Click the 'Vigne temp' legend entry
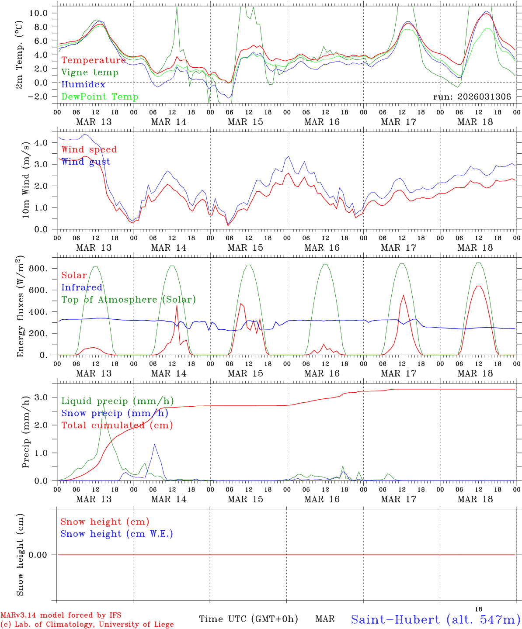(x=90, y=73)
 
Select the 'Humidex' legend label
(x=84, y=84)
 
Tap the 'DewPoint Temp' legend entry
(x=100, y=97)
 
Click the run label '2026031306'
(x=472, y=97)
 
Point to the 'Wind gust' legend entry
(x=86, y=162)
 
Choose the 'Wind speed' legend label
(x=89, y=149)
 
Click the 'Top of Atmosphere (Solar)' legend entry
(x=129, y=300)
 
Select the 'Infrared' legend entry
(x=82, y=287)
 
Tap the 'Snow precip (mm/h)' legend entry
(x=115, y=413)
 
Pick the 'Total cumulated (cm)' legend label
(x=117, y=425)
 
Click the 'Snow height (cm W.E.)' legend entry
(x=117, y=534)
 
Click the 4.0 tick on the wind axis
(x=42, y=142)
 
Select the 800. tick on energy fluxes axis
(x=38, y=268)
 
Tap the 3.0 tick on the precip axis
(x=42, y=397)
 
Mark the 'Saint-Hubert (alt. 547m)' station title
(x=435, y=619)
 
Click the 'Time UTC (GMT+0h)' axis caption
(x=248, y=619)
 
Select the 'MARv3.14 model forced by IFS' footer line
(x=61, y=615)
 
